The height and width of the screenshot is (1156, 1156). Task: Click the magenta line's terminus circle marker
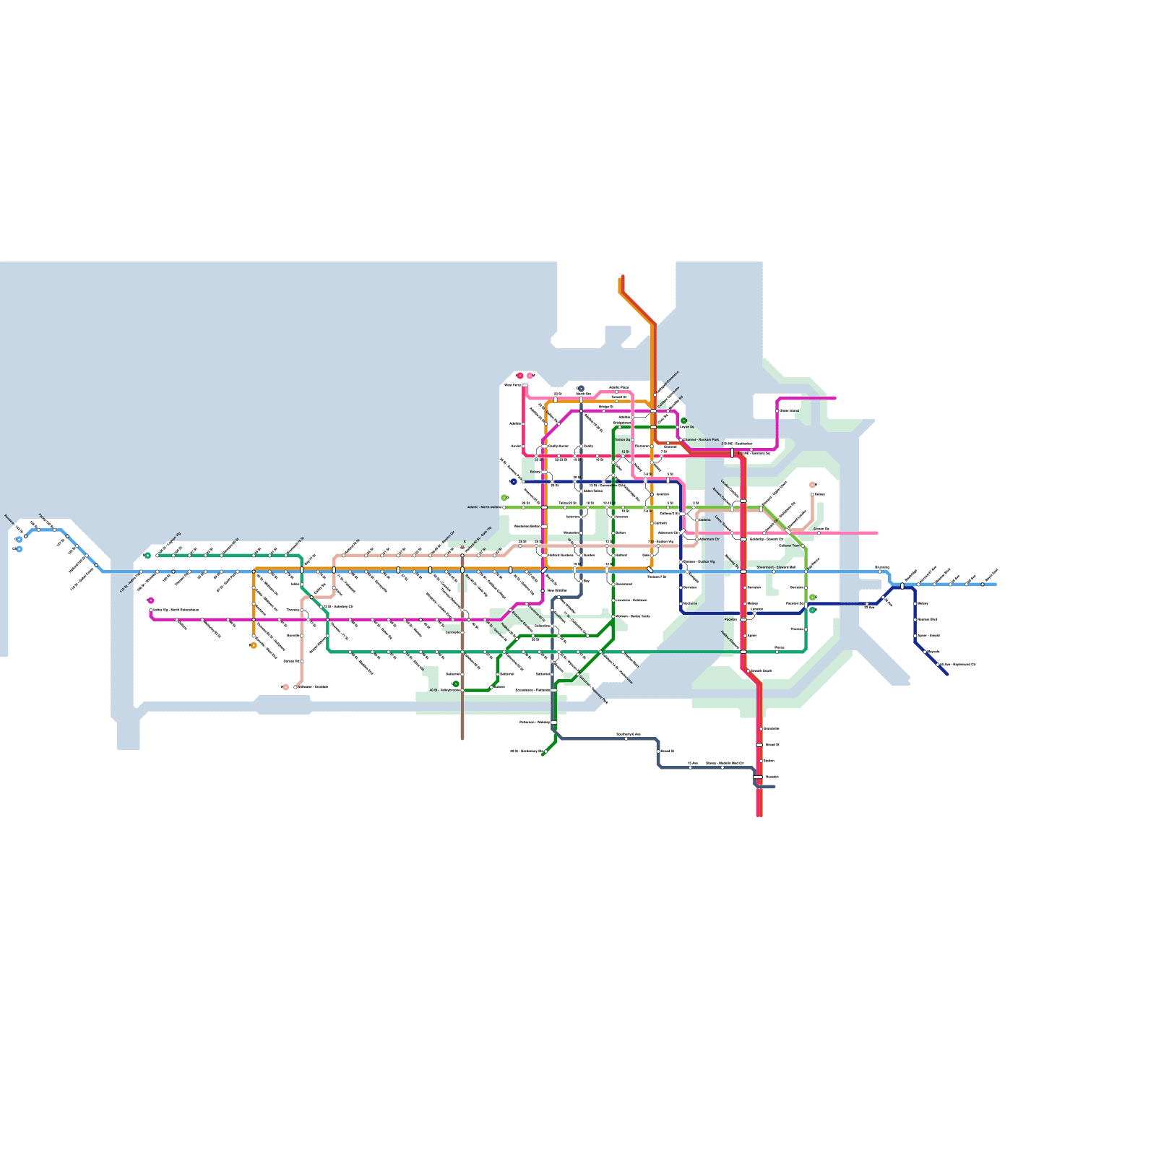point(150,600)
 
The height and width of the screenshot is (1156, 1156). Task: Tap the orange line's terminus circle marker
point(253,645)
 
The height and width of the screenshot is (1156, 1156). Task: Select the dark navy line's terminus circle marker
point(513,481)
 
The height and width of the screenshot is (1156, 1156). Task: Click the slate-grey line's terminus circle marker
point(580,389)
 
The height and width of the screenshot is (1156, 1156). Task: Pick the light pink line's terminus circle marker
point(530,376)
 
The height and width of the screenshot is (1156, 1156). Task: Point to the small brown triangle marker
point(462,547)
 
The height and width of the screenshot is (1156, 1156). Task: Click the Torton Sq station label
point(622,439)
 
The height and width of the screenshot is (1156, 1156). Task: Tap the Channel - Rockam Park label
point(702,439)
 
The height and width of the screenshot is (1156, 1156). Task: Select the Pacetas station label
point(730,619)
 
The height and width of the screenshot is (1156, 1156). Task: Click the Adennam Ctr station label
point(709,539)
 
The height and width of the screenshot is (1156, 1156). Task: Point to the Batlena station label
point(705,519)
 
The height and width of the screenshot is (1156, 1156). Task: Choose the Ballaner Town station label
point(790,545)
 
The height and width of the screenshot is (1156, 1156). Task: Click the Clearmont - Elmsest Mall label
point(776,567)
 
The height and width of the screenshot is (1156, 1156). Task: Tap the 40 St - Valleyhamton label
point(445,690)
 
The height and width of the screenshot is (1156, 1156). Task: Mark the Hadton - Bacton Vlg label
point(699,561)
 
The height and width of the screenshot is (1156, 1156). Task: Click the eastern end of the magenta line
point(835,397)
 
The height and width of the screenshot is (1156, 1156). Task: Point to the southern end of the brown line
point(462,738)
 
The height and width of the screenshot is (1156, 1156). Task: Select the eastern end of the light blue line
point(996,585)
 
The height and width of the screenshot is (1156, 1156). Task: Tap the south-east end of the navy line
point(946,674)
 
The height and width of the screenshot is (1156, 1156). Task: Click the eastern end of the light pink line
point(877,533)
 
